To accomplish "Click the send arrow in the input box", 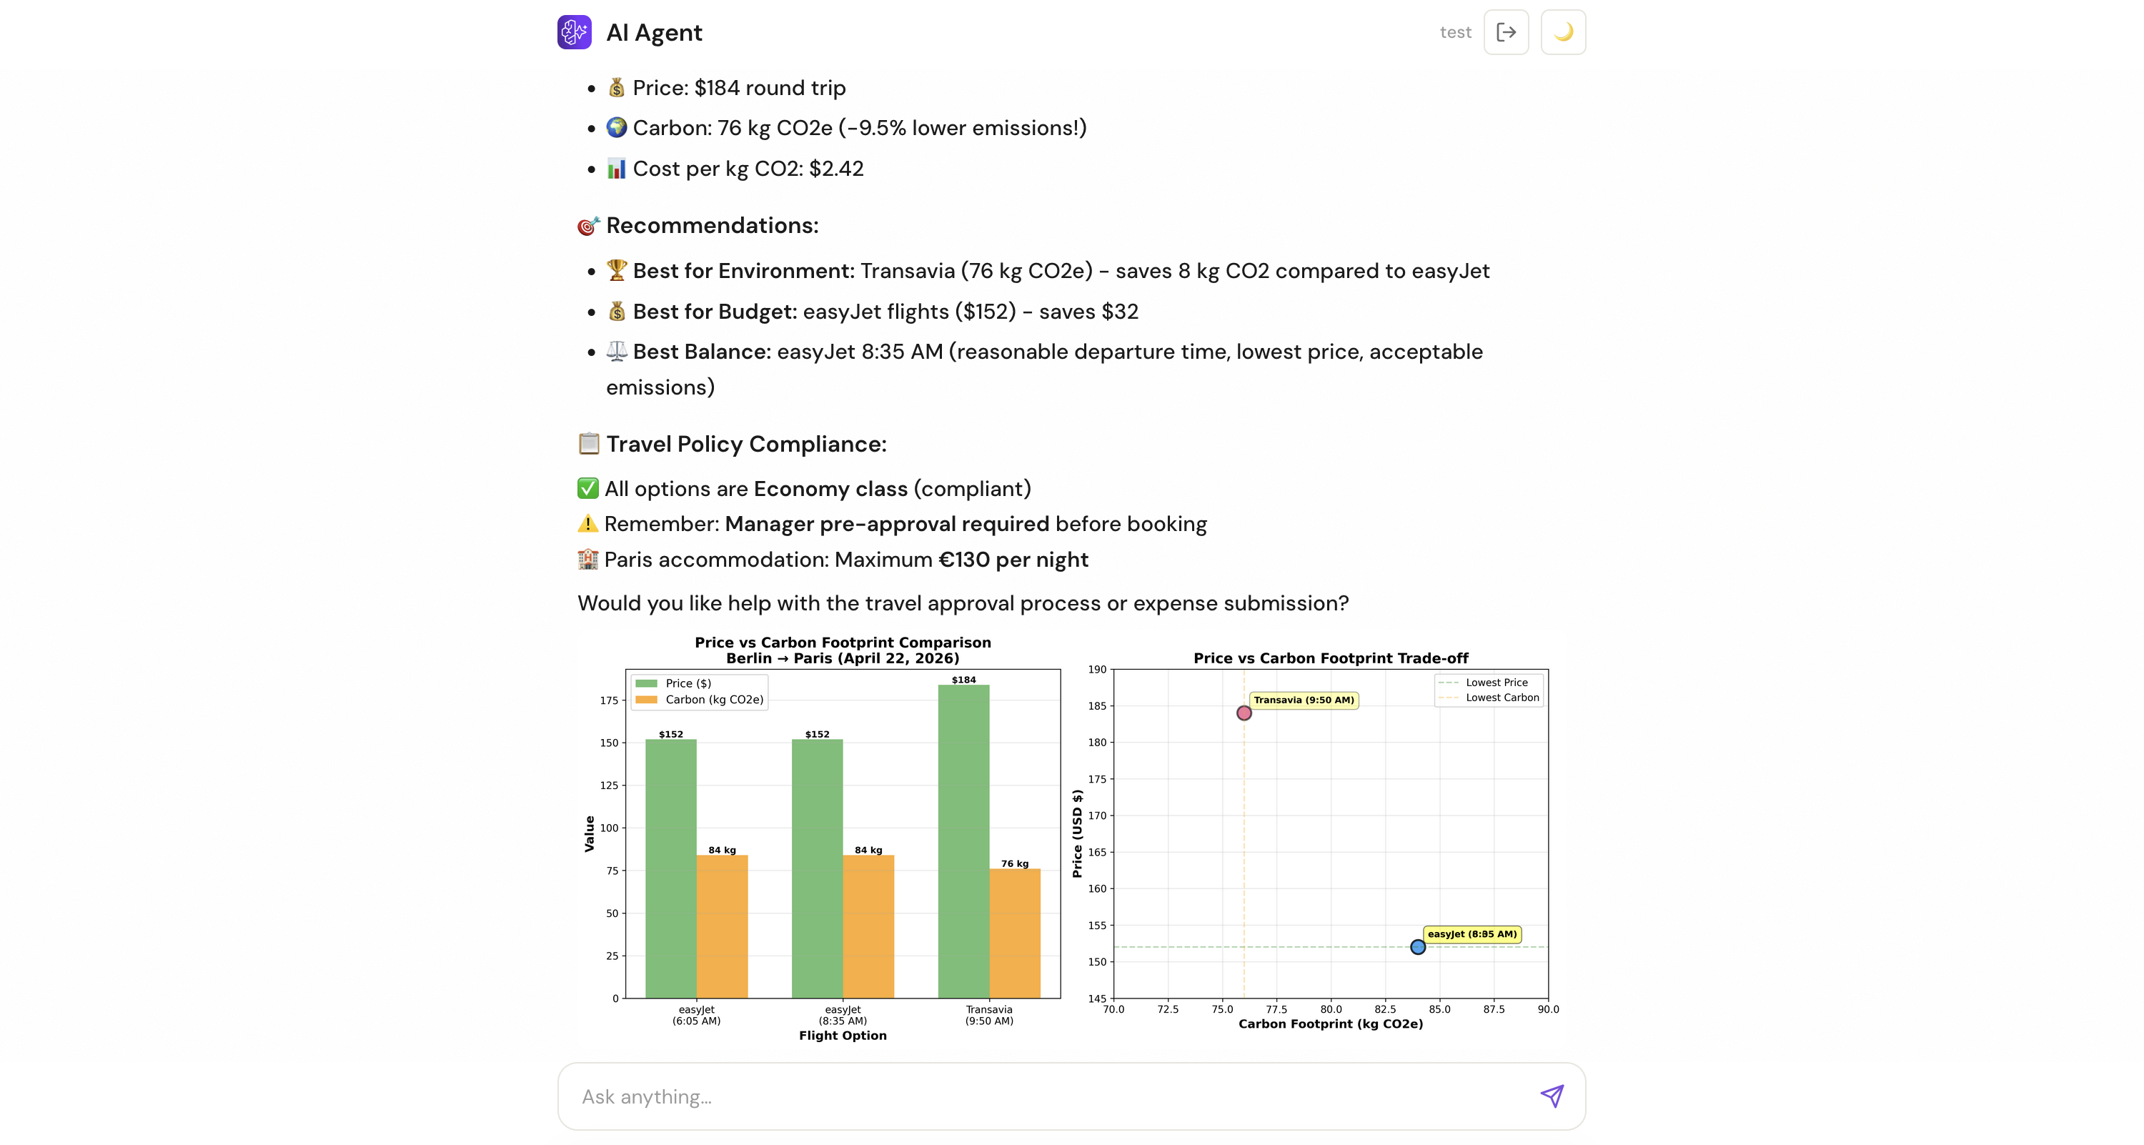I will (x=1552, y=1096).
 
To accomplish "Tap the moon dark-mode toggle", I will (x=1563, y=32).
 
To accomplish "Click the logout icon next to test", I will (x=1506, y=32).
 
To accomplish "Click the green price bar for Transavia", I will (x=963, y=841).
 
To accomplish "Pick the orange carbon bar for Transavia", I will (x=1015, y=933).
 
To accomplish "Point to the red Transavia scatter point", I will (x=1244, y=713).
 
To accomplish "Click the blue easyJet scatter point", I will (x=1417, y=947).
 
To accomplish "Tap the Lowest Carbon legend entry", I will (x=1502, y=698).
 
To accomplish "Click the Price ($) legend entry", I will (x=688, y=683).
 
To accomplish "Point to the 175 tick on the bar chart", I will (x=609, y=700).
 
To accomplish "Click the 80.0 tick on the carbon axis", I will (x=1330, y=1009).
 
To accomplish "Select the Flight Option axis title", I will (x=843, y=1035).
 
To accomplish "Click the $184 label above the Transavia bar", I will (x=963, y=680).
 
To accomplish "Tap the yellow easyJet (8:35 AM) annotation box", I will (x=1471, y=934).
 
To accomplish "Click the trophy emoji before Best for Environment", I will (x=616, y=270).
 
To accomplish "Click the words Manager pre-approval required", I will (x=886, y=524).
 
